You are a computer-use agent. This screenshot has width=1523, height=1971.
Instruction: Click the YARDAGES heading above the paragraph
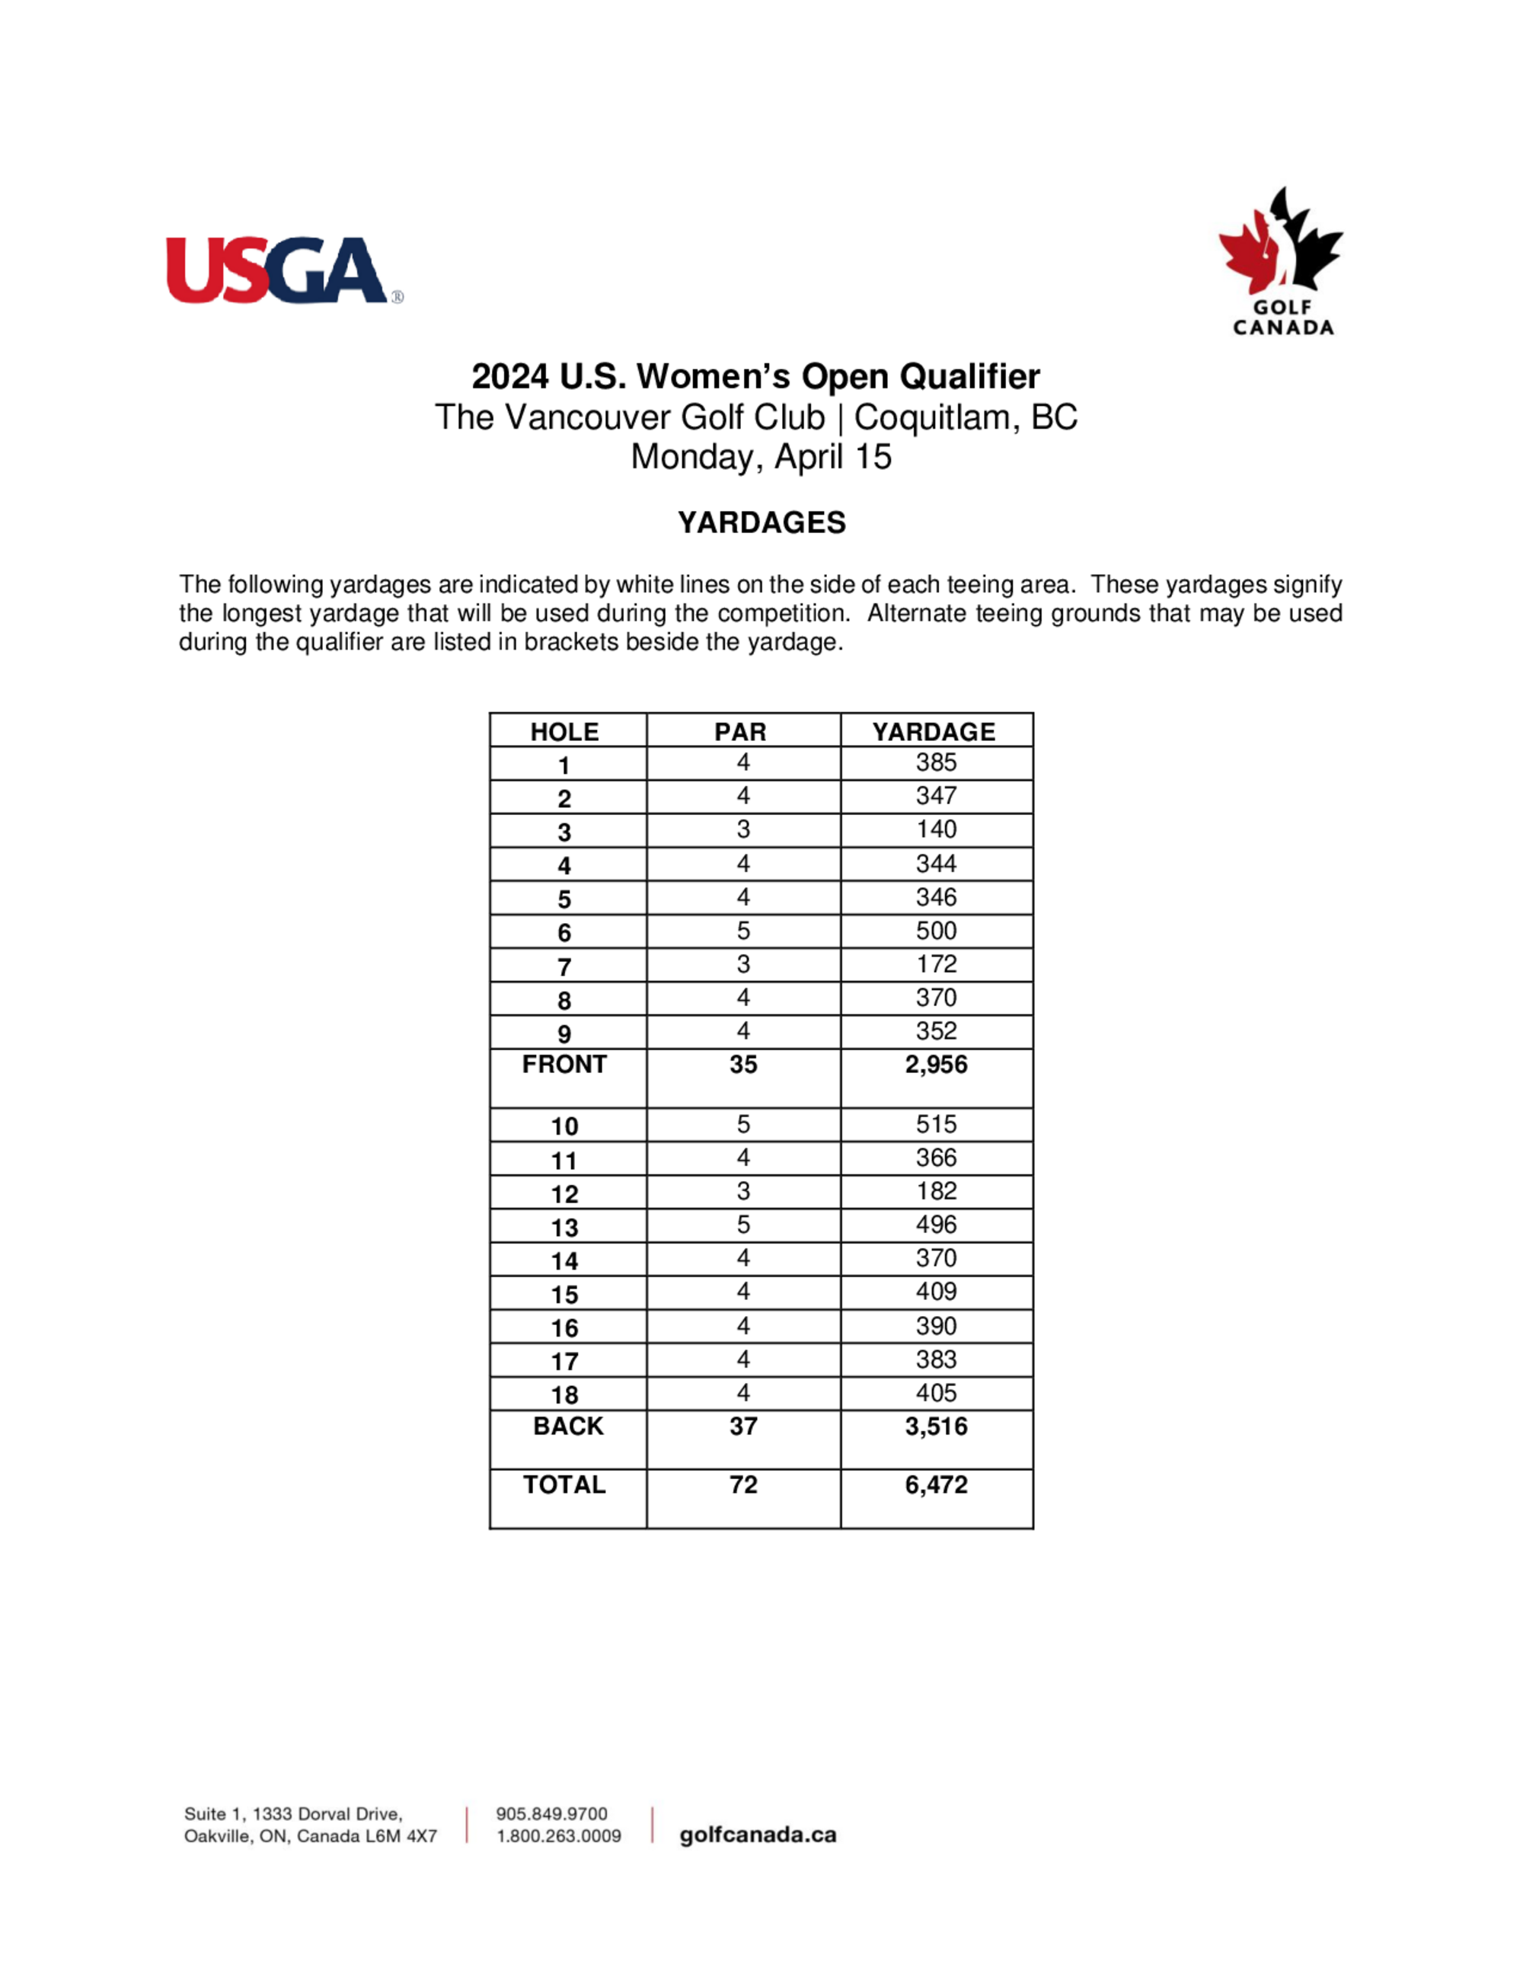click(x=761, y=522)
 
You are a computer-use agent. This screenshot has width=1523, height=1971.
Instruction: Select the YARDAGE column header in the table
click(x=934, y=731)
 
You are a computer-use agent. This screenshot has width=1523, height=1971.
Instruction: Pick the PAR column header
click(x=741, y=731)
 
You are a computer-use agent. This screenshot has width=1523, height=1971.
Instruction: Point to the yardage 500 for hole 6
click(x=936, y=931)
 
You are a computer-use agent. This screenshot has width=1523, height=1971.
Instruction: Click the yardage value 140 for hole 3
click(x=936, y=829)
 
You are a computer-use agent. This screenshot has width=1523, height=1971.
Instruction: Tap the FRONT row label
click(x=564, y=1064)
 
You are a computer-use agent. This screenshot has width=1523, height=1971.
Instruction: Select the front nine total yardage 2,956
click(x=936, y=1064)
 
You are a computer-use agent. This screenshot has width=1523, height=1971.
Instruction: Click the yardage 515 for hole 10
click(x=936, y=1124)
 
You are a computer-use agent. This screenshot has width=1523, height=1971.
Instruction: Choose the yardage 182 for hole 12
click(x=936, y=1191)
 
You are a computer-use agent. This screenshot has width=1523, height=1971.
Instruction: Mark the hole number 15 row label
click(x=564, y=1295)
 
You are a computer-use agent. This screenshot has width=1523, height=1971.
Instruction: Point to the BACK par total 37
click(x=742, y=1426)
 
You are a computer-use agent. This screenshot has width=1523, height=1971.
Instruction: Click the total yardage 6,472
click(x=936, y=1485)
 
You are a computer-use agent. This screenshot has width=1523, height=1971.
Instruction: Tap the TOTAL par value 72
click(x=742, y=1485)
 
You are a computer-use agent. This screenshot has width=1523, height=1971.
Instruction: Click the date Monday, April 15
click(x=761, y=457)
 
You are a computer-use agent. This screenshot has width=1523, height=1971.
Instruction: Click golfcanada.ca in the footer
click(x=758, y=1835)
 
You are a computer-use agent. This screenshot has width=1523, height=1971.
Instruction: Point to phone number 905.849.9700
click(x=551, y=1814)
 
